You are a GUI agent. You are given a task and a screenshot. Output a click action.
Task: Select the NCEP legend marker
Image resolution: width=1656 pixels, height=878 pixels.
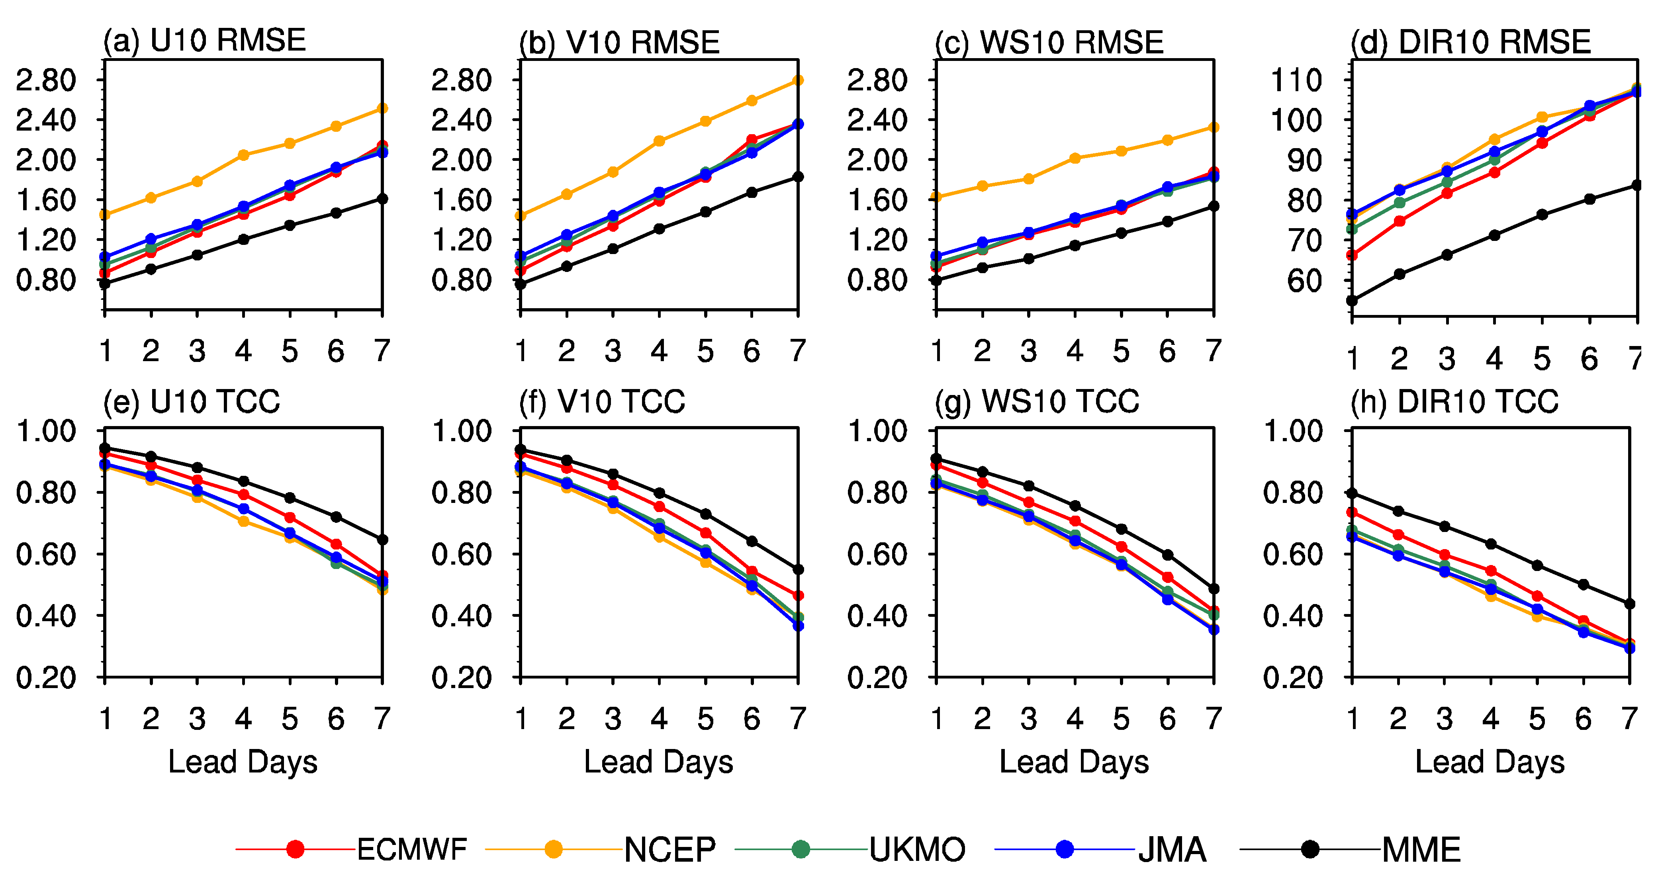click(553, 850)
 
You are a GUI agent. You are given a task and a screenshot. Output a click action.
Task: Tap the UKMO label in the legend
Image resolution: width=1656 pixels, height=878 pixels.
click(917, 850)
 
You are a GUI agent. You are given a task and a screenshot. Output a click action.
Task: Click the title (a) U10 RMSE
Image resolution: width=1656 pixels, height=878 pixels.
click(204, 41)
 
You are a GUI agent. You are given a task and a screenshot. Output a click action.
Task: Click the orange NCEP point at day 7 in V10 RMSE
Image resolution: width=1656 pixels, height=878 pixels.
click(798, 80)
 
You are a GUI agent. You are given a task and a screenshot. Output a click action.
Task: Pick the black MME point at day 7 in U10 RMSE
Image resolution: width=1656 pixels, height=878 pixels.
click(382, 199)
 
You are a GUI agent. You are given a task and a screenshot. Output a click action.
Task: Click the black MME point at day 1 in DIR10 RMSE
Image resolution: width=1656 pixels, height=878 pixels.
click(1352, 300)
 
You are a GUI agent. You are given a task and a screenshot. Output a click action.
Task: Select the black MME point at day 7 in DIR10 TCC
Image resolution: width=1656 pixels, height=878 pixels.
click(1630, 604)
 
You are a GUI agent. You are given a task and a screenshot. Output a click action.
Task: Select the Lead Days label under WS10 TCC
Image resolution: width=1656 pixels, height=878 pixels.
click(1074, 762)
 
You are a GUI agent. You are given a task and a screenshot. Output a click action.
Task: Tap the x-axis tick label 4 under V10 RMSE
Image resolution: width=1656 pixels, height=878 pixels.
click(659, 351)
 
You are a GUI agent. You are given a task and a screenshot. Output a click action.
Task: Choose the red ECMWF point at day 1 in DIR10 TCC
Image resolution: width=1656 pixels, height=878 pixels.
click(1352, 512)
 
